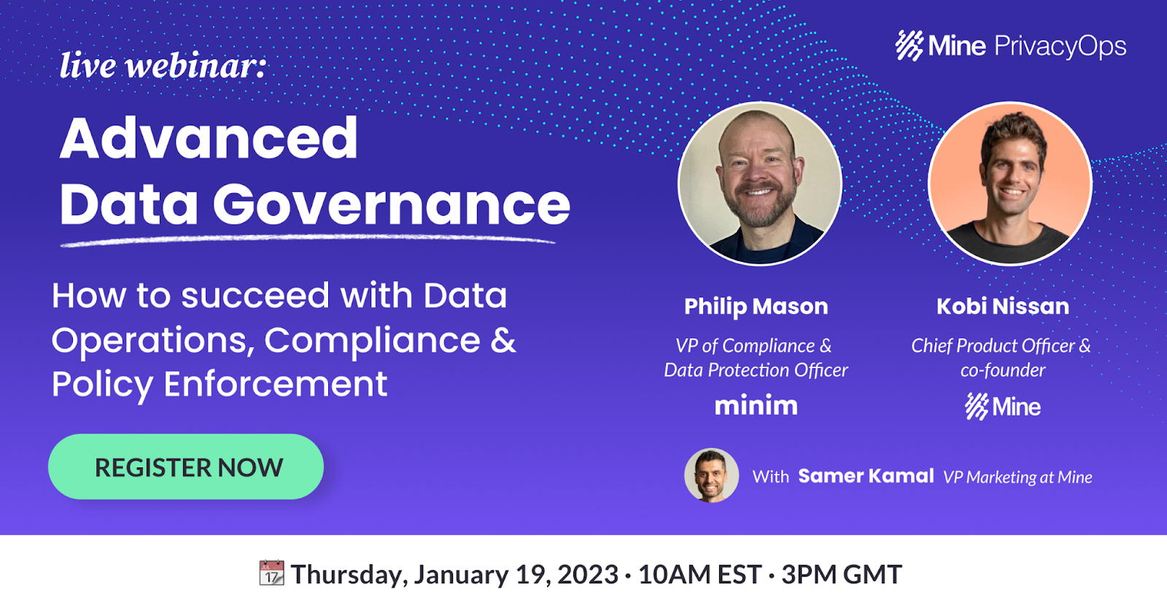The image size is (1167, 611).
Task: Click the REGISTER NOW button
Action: pyautogui.click(x=186, y=467)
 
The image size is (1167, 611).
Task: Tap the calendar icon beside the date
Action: pyautogui.click(x=271, y=573)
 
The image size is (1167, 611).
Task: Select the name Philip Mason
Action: pyautogui.click(x=756, y=307)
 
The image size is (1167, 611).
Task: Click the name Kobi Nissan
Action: pyautogui.click(x=1003, y=306)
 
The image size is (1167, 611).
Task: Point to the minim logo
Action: pyautogui.click(x=756, y=405)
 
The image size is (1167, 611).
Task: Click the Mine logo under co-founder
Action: pyautogui.click(x=1003, y=407)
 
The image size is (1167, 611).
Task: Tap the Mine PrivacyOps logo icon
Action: pyautogui.click(x=909, y=46)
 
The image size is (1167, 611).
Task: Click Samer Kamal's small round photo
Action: pyautogui.click(x=711, y=475)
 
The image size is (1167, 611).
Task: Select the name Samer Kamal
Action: pyautogui.click(x=866, y=476)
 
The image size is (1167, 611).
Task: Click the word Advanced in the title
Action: pyautogui.click(x=209, y=138)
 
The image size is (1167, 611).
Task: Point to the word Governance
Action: pyautogui.click(x=391, y=204)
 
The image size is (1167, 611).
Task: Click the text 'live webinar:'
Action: pyautogui.click(x=163, y=66)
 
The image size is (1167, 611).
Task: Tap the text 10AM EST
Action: pyautogui.click(x=699, y=574)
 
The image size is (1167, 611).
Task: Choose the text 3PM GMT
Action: pyautogui.click(x=842, y=574)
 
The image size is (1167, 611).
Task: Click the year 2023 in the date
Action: pyautogui.click(x=588, y=574)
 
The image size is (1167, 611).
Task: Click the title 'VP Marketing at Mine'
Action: pyautogui.click(x=1018, y=477)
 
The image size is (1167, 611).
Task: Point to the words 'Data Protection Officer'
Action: pyautogui.click(x=756, y=370)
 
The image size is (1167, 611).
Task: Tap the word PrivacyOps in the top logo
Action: pyautogui.click(x=1061, y=47)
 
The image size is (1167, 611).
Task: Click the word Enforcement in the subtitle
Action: pyautogui.click(x=276, y=384)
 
